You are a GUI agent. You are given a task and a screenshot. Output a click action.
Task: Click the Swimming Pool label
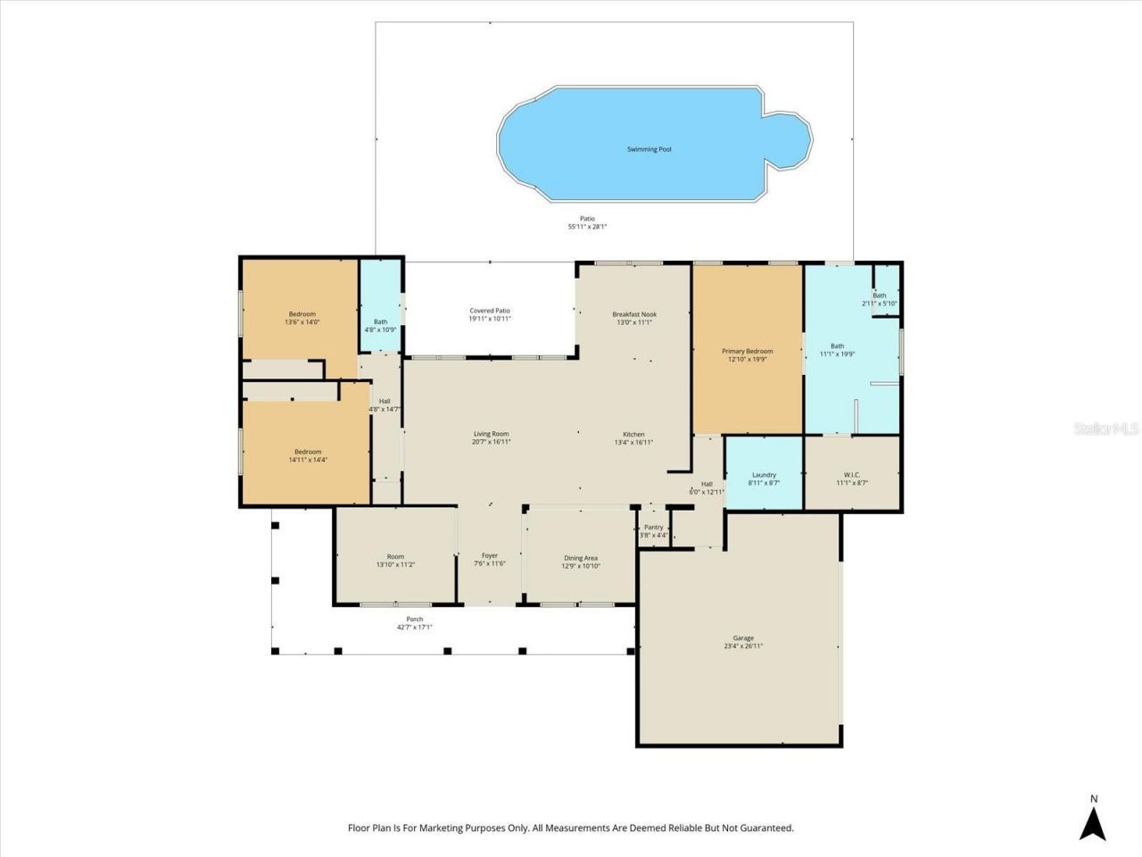coord(649,149)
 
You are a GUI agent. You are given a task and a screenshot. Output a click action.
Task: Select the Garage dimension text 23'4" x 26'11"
coord(743,646)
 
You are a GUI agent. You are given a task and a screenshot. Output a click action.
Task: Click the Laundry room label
coord(764,475)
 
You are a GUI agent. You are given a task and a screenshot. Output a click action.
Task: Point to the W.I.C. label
coord(851,475)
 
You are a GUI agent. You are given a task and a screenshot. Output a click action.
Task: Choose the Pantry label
coord(653,527)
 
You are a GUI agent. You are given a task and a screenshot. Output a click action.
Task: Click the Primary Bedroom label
coord(747,351)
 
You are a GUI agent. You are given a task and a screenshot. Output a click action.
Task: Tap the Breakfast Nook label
coord(633,314)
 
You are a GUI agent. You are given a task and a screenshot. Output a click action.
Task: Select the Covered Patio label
coord(490,311)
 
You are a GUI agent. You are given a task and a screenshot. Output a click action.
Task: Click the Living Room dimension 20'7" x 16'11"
coord(492,442)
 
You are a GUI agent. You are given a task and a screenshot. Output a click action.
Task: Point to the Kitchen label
coord(633,435)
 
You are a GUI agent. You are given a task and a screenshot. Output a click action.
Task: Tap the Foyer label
coord(490,555)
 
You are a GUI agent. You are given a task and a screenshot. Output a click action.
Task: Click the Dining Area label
coord(580,558)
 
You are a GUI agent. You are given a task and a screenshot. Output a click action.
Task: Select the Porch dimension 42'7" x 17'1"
coord(415,628)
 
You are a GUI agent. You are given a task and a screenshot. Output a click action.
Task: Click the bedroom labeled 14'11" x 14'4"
coord(308,455)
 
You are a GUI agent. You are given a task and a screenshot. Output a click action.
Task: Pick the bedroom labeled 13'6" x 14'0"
coord(302,318)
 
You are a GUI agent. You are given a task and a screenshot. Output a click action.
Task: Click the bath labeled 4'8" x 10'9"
coord(380,326)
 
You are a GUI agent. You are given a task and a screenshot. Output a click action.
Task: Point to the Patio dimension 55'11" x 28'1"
coord(587,227)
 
